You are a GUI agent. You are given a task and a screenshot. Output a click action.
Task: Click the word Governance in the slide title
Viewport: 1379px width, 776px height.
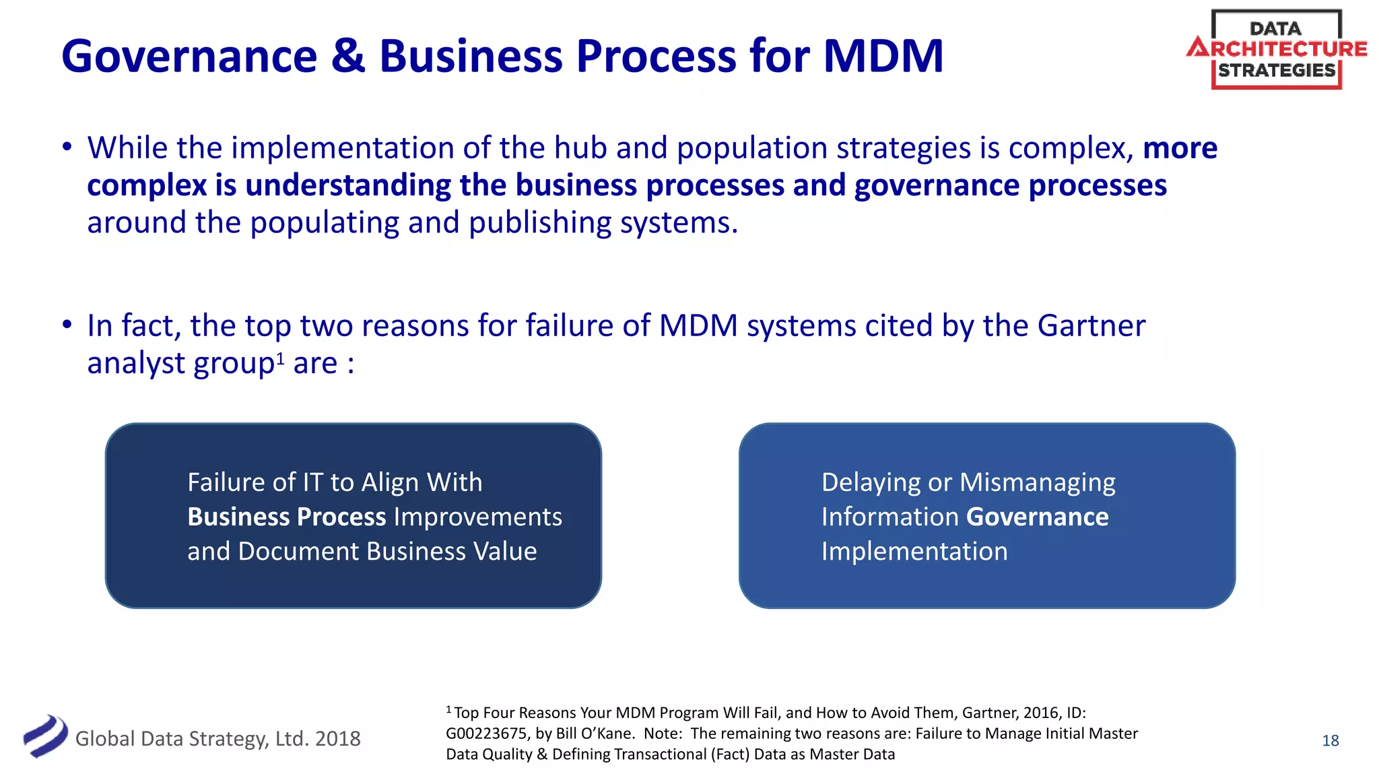coord(189,56)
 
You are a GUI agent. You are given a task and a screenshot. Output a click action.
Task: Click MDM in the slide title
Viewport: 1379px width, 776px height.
coord(883,56)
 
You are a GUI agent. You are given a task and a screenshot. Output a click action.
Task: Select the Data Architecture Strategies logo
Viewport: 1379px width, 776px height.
coord(1277,49)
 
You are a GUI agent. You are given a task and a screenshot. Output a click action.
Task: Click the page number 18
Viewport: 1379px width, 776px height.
coord(1330,741)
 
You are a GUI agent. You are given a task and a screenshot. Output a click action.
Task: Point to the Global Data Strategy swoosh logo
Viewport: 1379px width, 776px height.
coord(45,736)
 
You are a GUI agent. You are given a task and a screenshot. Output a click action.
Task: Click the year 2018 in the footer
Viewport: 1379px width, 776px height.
coord(337,739)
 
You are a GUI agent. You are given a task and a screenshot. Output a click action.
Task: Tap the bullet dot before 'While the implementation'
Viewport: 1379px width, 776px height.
coord(67,147)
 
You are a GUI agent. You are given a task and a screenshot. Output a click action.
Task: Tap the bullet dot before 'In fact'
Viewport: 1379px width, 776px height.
coord(67,325)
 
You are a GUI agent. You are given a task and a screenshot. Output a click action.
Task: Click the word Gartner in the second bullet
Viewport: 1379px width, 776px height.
coord(1091,326)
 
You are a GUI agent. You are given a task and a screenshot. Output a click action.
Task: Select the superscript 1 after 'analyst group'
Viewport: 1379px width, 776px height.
coord(280,356)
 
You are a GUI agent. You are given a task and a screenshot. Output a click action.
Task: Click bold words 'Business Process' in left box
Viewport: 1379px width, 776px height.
coord(286,517)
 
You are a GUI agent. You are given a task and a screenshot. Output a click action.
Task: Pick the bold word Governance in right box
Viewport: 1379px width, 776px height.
coord(1037,517)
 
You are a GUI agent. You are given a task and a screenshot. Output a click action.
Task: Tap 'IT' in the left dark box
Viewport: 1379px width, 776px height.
coord(312,483)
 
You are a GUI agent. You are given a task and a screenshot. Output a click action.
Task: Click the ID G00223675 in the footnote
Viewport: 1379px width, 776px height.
coord(486,734)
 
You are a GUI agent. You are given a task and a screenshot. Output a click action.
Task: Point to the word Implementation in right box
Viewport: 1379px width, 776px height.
coord(914,552)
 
